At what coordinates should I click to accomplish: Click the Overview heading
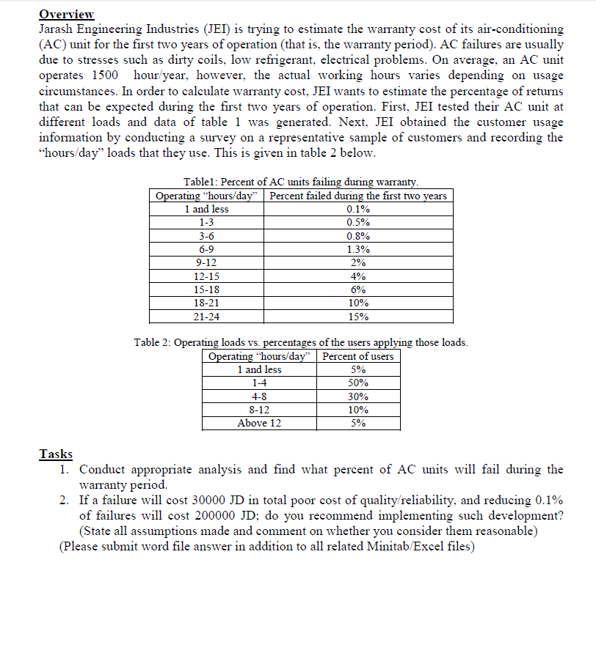pos(68,13)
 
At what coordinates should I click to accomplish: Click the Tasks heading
pos(55,454)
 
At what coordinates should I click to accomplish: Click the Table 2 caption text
pos(301,342)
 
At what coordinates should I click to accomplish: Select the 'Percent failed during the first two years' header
pos(357,196)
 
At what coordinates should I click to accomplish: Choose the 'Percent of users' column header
pos(358,356)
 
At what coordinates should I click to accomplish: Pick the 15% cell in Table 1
pos(357,317)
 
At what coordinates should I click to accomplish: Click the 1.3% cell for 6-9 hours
pos(357,249)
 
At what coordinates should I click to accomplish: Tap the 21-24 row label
pos(206,317)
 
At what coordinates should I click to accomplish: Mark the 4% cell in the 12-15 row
pos(357,276)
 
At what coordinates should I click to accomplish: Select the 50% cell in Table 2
pos(358,383)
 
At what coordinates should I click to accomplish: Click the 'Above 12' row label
pos(259,423)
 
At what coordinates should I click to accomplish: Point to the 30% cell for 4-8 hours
pos(358,396)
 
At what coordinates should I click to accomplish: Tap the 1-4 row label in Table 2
pos(259,383)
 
